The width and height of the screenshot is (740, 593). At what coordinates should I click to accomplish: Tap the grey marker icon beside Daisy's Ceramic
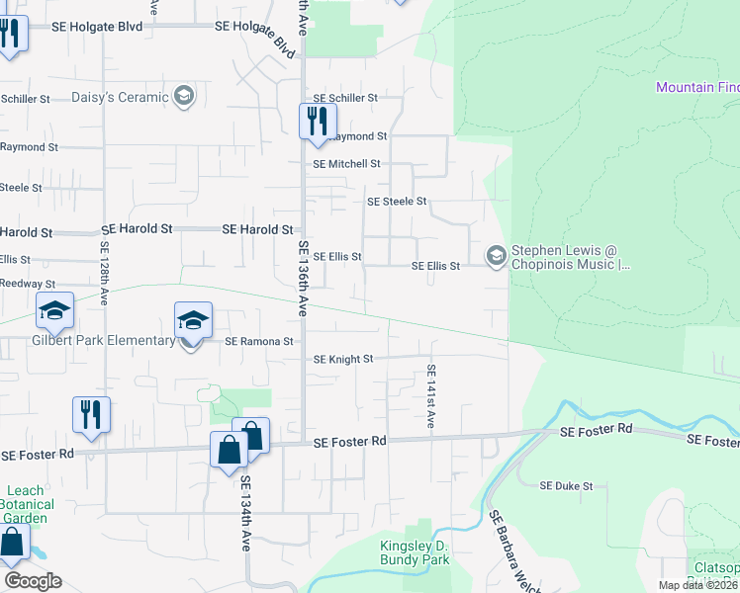[183, 96]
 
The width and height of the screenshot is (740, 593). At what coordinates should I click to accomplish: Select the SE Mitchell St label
[346, 164]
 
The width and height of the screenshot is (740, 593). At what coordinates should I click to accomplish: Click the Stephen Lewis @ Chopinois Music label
[569, 258]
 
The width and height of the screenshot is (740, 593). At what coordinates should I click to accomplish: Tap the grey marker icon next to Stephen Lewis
[496, 257]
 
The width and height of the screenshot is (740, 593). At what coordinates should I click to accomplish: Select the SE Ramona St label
[259, 342]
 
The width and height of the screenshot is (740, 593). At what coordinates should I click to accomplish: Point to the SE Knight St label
[343, 360]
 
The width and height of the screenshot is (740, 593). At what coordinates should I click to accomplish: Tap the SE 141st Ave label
[431, 395]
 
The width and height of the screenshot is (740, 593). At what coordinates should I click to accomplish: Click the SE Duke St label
[566, 486]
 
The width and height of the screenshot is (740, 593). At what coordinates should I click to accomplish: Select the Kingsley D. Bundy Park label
[416, 553]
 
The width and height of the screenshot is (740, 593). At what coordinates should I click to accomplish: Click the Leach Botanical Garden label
[27, 504]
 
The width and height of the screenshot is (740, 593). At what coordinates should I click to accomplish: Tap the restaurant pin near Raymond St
[318, 121]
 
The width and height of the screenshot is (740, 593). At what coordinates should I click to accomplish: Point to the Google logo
[33, 581]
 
